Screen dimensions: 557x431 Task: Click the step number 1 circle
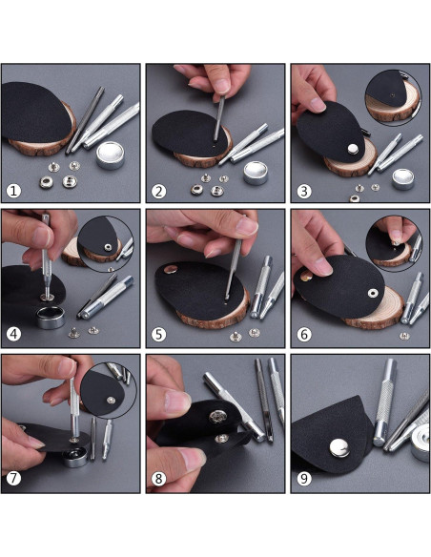pos(13,190)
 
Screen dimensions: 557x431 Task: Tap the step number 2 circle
pos(158,190)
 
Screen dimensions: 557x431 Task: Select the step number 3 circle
pos(303,190)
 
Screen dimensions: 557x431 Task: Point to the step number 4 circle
pos(13,335)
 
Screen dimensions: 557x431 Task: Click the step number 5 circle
pos(158,335)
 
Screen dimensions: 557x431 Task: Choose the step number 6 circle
pos(303,335)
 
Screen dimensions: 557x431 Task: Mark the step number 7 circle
pos(13,479)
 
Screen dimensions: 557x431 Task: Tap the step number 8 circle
pos(158,479)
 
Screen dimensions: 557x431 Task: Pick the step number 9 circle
pos(303,479)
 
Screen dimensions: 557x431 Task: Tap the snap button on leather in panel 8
pos(218,416)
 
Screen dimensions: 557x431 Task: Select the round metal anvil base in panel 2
pos(257,171)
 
